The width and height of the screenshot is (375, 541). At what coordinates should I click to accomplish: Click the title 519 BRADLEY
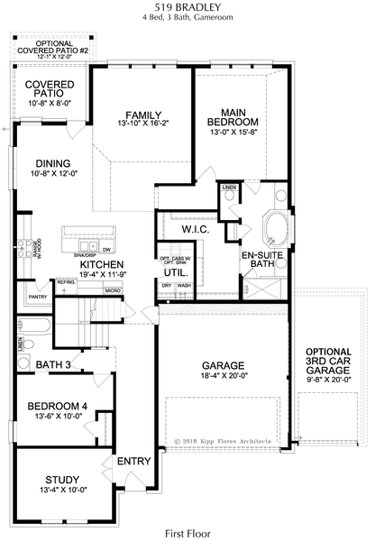pyautogui.click(x=187, y=6)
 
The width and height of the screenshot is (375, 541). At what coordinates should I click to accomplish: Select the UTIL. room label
pyautogui.click(x=176, y=270)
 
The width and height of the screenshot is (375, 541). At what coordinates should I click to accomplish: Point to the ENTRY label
pyautogui.click(x=134, y=462)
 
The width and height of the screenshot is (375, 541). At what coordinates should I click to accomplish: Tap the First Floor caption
pyautogui.click(x=188, y=533)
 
